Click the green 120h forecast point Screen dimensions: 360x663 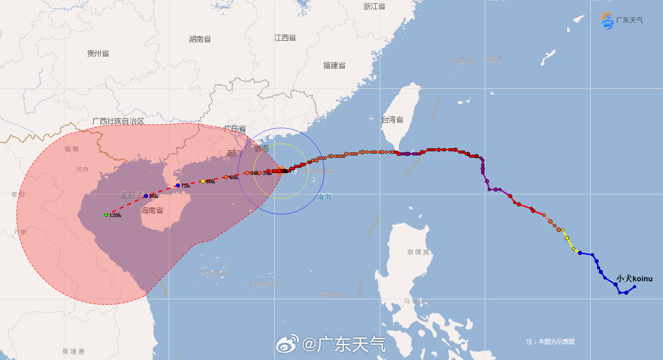click(106, 215)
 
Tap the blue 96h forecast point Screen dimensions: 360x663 click(146, 196)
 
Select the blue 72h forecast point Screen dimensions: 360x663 click(178, 186)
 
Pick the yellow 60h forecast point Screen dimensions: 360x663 click(203, 181)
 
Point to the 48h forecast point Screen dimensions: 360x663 click(226, 177)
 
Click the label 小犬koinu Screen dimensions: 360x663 click(634, 279)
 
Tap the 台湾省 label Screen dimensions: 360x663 click(392, 120)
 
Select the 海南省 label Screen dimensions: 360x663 click(152, 211)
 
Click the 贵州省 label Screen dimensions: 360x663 click(98, 54)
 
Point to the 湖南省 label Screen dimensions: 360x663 click(200, 39)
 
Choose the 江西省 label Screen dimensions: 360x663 click(285, 38)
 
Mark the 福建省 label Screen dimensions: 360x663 click(334, 66)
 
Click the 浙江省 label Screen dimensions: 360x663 click(374, 6)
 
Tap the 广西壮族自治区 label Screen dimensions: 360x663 click(118, 121)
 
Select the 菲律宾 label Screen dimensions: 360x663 click(418, 252)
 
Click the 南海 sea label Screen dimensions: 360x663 click(324, 197)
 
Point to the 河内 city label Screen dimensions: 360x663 click(82, 169)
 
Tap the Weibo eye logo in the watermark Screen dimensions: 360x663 click(287, 344)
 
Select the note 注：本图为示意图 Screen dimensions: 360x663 click(550, 341)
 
